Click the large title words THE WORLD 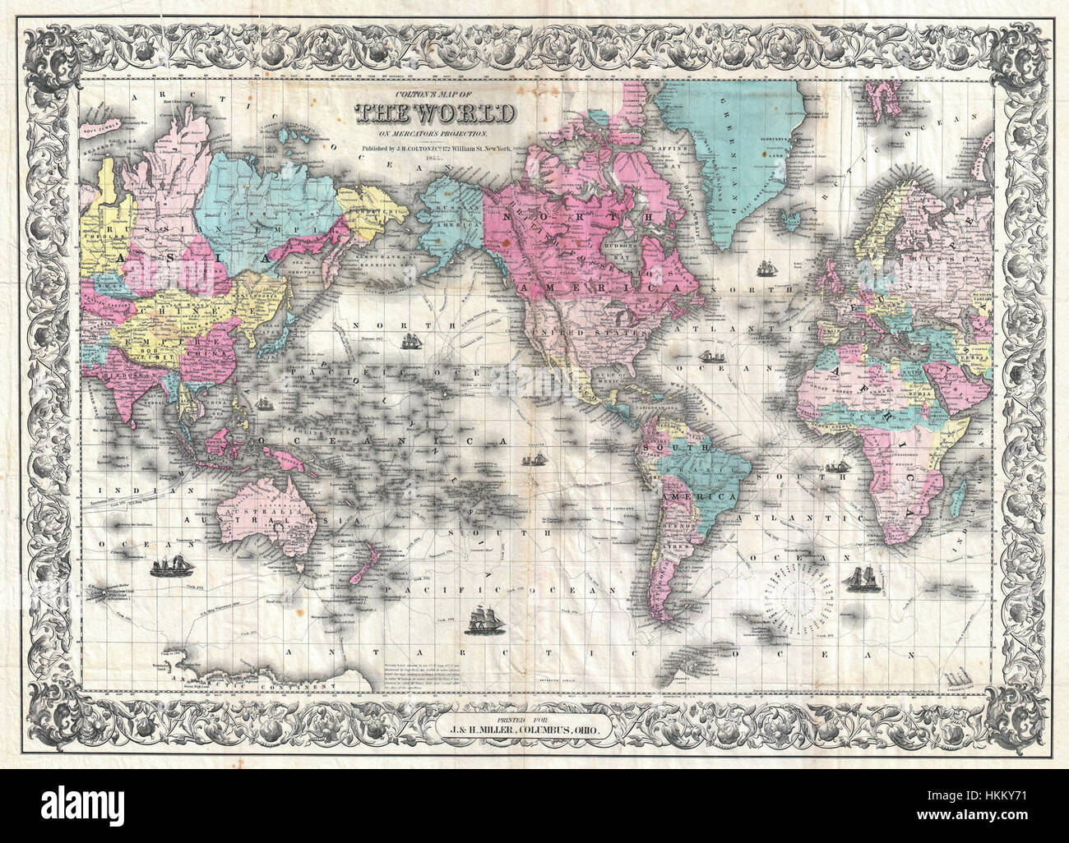pos(436,112)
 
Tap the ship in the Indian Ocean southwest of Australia pos(171,565)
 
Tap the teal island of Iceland pos(794,220)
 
